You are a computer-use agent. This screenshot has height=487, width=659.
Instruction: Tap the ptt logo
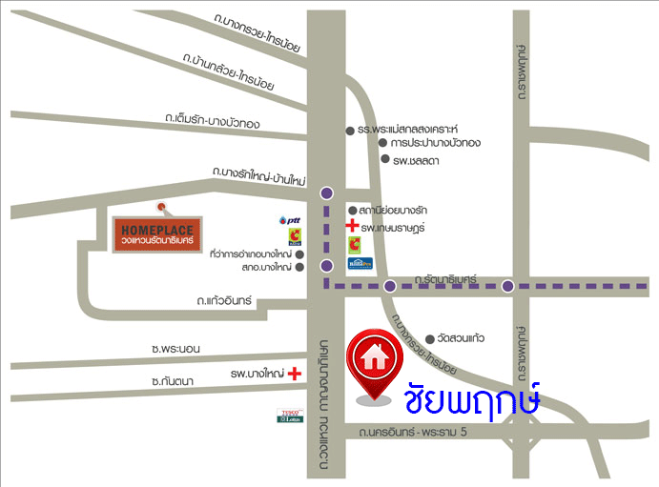tap(289, 221)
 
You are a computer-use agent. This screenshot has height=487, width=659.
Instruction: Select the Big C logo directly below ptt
tap(297, 237)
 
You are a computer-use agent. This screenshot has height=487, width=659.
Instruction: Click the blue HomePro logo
tap(360, 262)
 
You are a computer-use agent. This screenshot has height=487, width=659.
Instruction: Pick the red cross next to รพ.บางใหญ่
tap(296, 374)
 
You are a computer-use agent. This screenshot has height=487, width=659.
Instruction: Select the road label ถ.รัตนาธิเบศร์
tap(445, 278)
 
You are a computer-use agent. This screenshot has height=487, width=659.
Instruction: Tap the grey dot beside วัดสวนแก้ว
tap(430, 338)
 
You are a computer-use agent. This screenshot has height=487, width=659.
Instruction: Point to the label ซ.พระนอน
tap(182, 350)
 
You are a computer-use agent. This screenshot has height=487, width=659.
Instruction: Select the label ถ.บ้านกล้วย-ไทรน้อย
tap(229, 72)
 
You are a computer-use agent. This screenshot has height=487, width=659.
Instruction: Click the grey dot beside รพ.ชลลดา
tap(384, 159)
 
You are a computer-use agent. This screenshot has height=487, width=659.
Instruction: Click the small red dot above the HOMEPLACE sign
tap(161, 207)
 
